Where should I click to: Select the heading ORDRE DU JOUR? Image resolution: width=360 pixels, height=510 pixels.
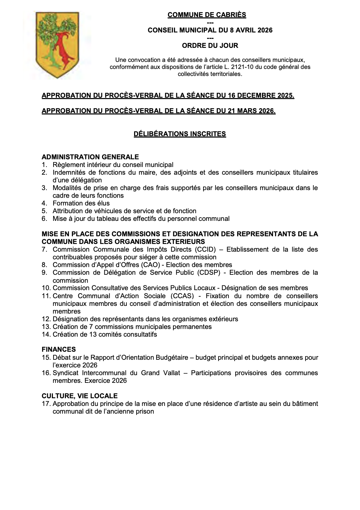coord(210,46)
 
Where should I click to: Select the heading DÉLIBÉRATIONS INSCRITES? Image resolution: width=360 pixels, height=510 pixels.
coord(180,134)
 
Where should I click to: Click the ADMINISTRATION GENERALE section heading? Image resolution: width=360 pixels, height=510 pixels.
coord(90,157)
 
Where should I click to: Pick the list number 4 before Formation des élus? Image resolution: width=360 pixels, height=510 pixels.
coord(44,203)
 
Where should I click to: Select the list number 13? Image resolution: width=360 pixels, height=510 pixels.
coord(46,327)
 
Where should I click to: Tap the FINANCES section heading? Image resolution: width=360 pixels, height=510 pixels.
coord(59,350)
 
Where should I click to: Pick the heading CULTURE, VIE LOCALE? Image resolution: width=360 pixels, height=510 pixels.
coord(80,396)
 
